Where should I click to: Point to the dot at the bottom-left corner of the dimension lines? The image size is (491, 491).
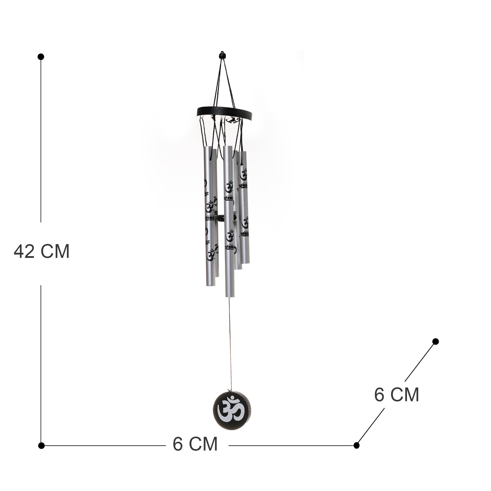[41, 445]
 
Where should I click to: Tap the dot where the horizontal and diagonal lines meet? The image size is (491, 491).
[356, 445]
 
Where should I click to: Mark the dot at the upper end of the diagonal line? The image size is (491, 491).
[435, 341]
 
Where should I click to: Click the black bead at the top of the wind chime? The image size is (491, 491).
[223, 55]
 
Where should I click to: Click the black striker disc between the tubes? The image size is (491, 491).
[220, 218]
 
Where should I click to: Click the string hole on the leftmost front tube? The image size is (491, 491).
[211, 159]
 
